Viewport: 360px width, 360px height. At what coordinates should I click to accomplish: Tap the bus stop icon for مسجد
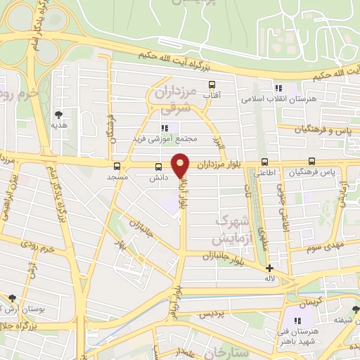coord(117,167)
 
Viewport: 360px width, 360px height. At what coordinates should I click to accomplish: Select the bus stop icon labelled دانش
coord(158,167)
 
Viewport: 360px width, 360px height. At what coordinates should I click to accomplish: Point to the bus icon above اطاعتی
coord(264,161)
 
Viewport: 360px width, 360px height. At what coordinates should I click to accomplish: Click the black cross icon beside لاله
coord(269,268)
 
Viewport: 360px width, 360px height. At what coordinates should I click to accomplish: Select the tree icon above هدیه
coord(58,115)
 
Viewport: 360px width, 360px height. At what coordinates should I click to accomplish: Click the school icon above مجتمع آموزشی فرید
coord(164,128)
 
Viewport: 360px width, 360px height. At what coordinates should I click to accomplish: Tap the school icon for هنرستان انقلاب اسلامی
coord(278,89)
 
